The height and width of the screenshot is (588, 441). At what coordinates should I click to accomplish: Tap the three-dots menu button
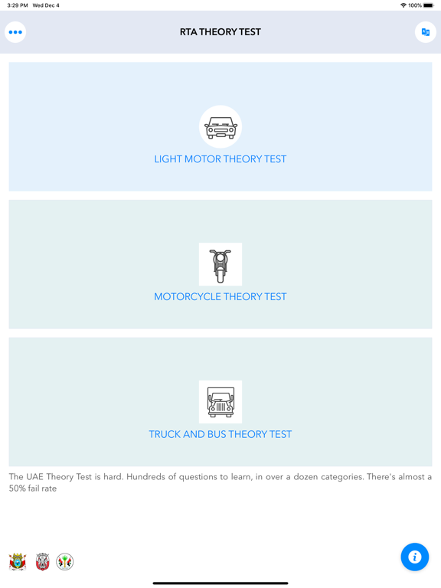(x=15, y=32)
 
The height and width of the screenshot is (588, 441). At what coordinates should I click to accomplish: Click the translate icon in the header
(x=426, y=32)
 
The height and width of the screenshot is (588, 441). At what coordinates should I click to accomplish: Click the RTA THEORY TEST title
(x=220, y=32)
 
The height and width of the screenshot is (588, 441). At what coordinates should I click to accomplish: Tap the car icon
(x=220, y=127)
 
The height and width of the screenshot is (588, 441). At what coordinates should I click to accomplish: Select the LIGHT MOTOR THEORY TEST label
(x=220, y=159)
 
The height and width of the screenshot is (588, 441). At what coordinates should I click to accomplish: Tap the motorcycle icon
(x=220, y=265)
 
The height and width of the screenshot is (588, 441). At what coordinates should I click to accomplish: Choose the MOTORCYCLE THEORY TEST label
(x=220, y=297)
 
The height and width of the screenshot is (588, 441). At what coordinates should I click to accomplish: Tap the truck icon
(x=220, y=402)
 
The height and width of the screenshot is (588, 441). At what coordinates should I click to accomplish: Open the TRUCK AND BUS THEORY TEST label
(x=220, y=434)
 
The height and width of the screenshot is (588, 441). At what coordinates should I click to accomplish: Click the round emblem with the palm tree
(x=65, y=562)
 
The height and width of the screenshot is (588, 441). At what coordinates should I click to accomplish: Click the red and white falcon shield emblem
(x=43, y=562)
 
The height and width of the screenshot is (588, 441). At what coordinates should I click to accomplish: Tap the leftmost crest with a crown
(x=18, y=562)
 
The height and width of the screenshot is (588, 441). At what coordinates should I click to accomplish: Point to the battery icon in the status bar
(x=428, y=5)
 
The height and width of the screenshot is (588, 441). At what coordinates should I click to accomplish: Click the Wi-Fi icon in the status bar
(x=403, y=5)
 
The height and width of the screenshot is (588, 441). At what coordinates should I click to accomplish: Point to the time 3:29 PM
(x=18, y=5)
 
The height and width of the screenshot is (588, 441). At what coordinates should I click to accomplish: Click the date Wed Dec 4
(x=46, y=5)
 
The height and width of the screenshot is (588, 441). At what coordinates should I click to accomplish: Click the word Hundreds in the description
(x=151, y=477)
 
